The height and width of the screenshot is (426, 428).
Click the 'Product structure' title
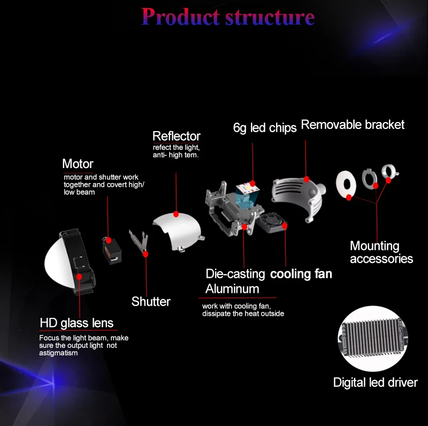click(228, 17)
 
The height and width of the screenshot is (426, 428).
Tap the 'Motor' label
click(78, 164)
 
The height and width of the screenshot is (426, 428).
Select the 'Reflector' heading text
click(177, 136)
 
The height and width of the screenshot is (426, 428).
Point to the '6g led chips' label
click(265, 128)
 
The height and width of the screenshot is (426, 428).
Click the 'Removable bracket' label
click(353, 125)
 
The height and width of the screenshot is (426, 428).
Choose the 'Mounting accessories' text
click(381, 252)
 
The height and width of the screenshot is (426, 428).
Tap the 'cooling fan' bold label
click(301, 274)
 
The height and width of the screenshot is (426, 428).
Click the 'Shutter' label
click(151, 302)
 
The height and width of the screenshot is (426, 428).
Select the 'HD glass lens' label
click(77, 323)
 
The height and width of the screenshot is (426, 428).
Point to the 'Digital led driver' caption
click(375, 382)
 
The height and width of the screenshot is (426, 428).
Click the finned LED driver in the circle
click(374, 338)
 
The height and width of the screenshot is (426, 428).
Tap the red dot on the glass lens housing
click(80, 276)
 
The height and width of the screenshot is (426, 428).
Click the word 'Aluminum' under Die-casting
click(232, 289)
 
